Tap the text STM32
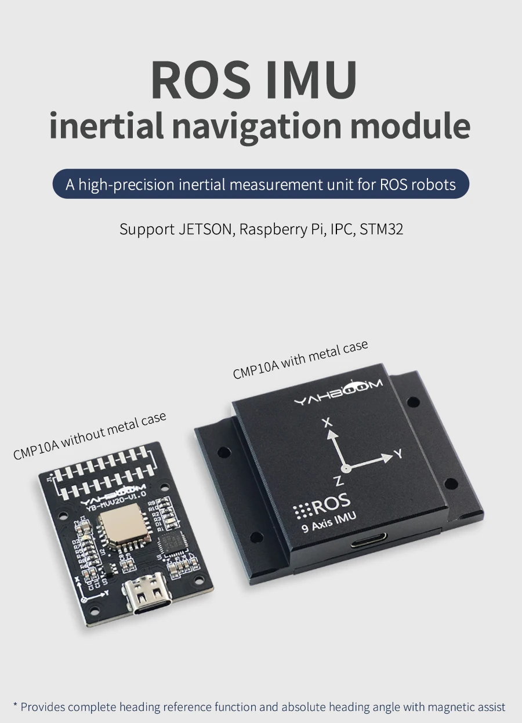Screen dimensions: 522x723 (x=381, y=229)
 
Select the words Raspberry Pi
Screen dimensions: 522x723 (x=281, y=230)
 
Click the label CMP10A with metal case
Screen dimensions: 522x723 (x=300, y=360)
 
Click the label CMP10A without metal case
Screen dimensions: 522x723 (x=90, y=435)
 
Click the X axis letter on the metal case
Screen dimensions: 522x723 (x=328, y=423)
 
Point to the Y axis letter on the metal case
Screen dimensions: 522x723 (x=398, y=453)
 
